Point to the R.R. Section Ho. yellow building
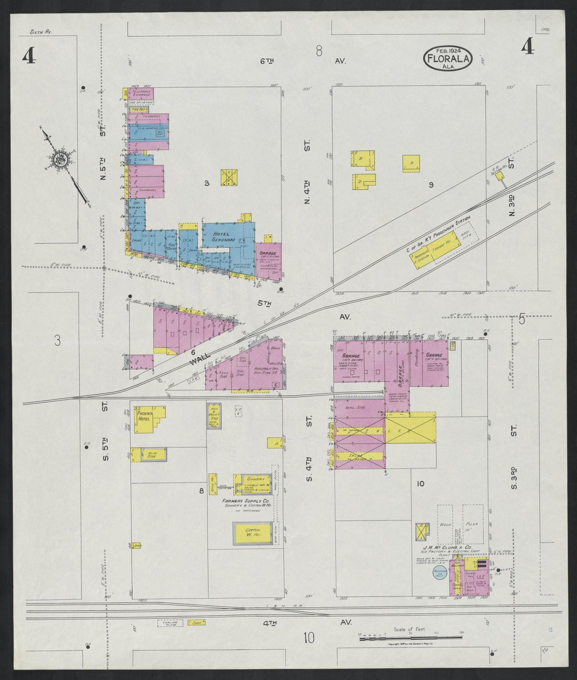coord(500,176)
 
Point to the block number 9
coord(431,184)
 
